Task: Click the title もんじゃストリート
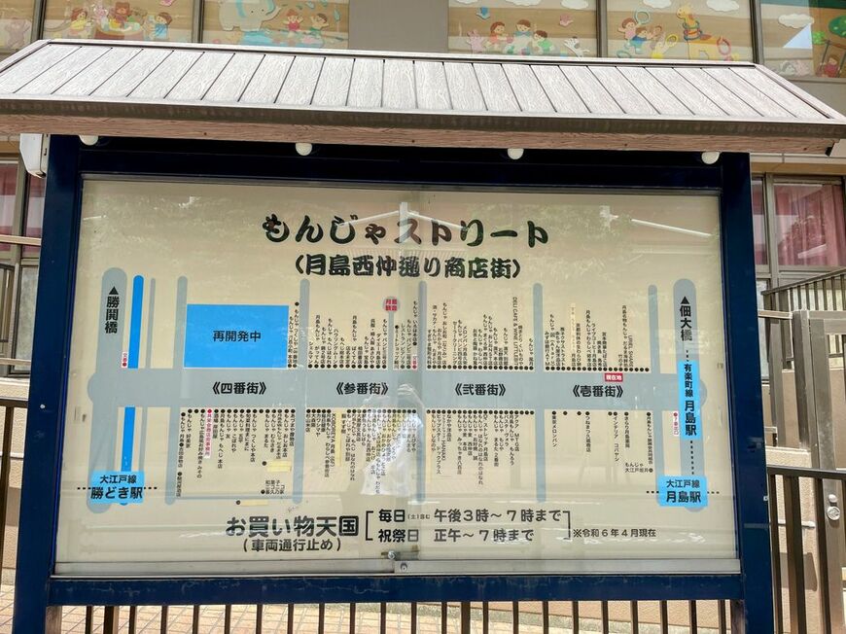[x=404, y=231]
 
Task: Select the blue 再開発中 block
[x=236, y=335]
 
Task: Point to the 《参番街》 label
[x=362, y=389]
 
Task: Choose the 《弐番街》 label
[x=479, y=389]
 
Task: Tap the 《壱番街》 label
[x=597, y=390]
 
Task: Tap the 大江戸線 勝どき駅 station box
[x=117, y=486]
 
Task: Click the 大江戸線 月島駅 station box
[x=682, y=489]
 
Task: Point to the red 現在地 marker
[x=614, y=377]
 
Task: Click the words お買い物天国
[x=292, y=526]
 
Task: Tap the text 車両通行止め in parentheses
[x=292, y=546]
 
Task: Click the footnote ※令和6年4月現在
[x=614, y=533]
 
